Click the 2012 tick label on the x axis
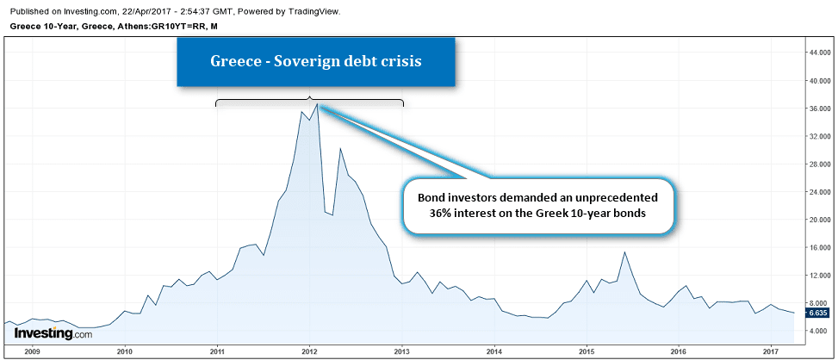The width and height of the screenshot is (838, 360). pyautogui.click(x=309, y=351)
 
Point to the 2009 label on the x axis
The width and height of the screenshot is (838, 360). pyautogui.click(x=32, y=351)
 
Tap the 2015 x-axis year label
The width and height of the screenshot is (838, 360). pyautogui.click(x=587, y=351)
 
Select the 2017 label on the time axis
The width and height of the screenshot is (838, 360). pyautogui.click(x=772, y=351)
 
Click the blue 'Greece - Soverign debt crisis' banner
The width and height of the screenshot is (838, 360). pyautogui.click(x=316, y=62)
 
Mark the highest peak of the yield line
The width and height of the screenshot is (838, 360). pyautogui.click(x=317, y=105)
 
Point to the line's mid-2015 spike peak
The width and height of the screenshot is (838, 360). pyautogui.click(x=625, y=252)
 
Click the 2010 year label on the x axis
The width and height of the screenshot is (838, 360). pyautogui.click(x=124, y=351)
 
